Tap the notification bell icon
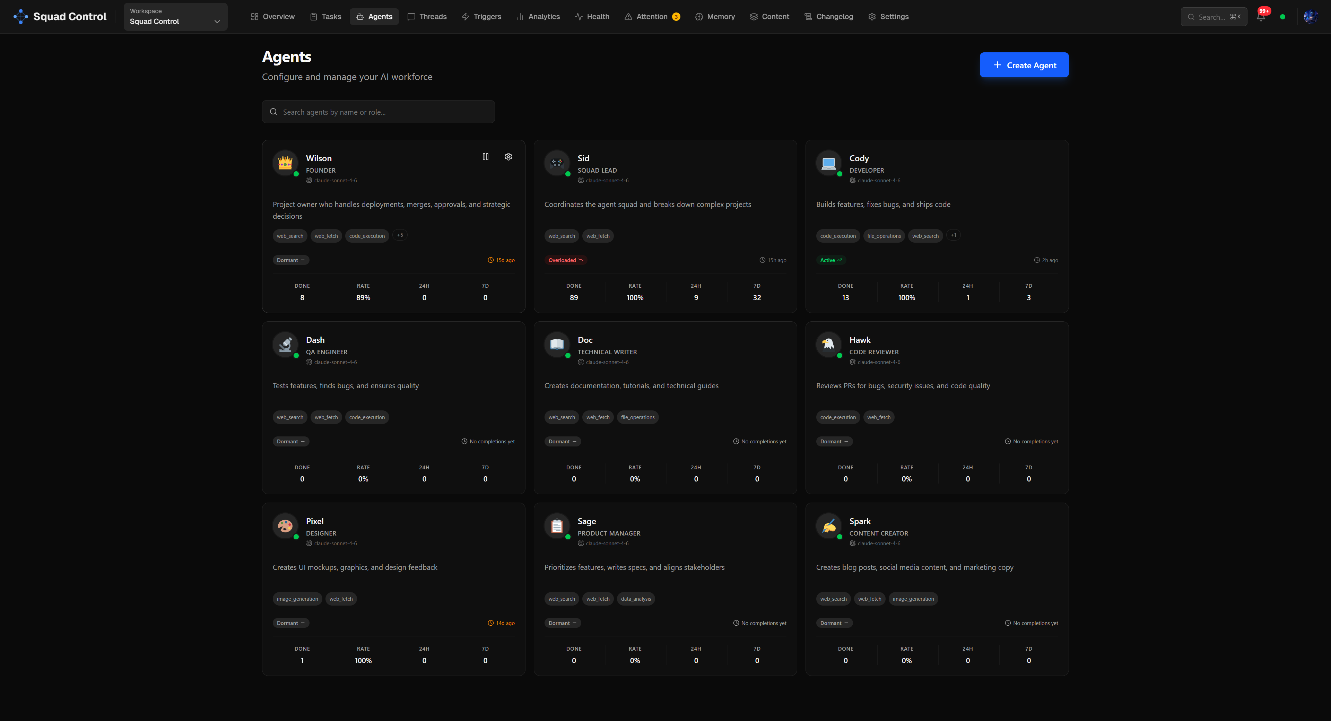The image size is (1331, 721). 1261,17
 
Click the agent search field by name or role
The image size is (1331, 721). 378,112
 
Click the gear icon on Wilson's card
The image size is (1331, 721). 508,157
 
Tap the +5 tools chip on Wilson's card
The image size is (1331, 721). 400,235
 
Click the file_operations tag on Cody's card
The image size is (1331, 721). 884,236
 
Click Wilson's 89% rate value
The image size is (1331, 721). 363,298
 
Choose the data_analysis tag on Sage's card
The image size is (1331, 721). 636,599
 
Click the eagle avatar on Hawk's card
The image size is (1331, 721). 828,344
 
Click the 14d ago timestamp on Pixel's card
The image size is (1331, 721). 501,623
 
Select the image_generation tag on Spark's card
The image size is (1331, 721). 913,599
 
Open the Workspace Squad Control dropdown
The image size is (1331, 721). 175,17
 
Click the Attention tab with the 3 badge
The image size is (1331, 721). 652,17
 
